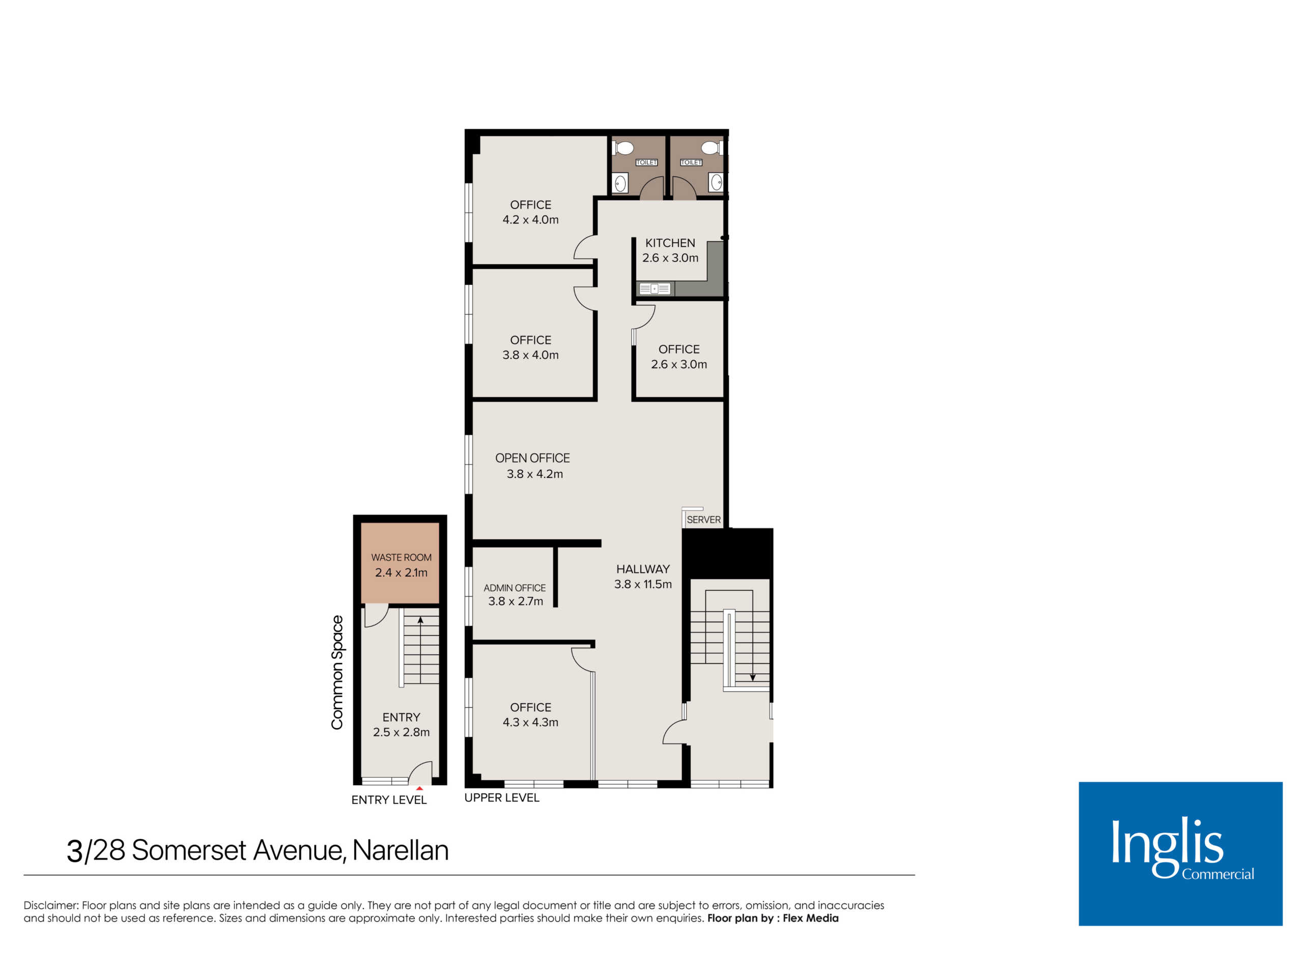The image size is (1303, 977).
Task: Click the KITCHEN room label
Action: [x=670, y=243]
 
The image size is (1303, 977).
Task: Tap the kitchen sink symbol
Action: [x=655, y=289]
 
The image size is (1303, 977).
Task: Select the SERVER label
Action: [x=703, y=520]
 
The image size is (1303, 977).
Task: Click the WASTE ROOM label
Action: [x=401, y=557]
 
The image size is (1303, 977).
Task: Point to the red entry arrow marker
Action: [x=419, y=788]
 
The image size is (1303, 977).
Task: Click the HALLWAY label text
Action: [x=643, y=569]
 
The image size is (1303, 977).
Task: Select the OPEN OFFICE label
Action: [x=532, y=457]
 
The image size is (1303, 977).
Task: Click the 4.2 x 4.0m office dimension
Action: [x=530, y=220]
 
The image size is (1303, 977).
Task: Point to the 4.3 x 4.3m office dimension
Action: [x=530, y=722]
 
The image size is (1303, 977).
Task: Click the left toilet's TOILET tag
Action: [x=646, y=162]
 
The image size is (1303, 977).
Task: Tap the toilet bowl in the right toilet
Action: [x=711, y=147]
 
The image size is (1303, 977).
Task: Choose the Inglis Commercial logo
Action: [x=1180, y=854]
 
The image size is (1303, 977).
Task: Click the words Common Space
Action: [x=337, y=673]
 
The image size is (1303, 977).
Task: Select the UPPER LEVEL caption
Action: [x=502, y=797]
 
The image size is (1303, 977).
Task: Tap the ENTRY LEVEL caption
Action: [x=389, y=800]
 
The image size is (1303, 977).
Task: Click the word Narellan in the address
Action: [x=401, y=850]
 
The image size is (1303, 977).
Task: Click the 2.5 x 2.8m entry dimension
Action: [x=401, y=732]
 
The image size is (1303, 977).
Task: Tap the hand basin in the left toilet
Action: [x=620, y=183]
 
